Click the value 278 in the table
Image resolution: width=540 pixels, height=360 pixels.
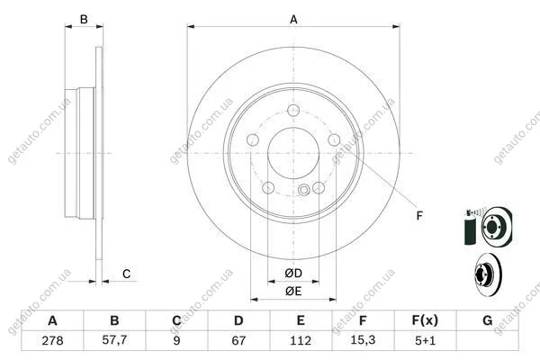[52, 341]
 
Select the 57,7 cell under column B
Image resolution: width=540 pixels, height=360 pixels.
[114, 340]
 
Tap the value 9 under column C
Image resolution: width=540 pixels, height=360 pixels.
[176, 341]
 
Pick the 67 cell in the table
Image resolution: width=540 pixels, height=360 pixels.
[238, 341]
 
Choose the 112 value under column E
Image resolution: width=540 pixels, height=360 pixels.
[301, 341]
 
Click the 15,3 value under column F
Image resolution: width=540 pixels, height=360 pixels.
[363, 340]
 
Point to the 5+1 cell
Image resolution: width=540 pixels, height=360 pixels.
[425, 341]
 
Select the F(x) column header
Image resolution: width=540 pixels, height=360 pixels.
[425, 320]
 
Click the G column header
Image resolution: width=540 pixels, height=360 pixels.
[487, 320]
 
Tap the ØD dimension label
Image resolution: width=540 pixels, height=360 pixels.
[293, 274]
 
